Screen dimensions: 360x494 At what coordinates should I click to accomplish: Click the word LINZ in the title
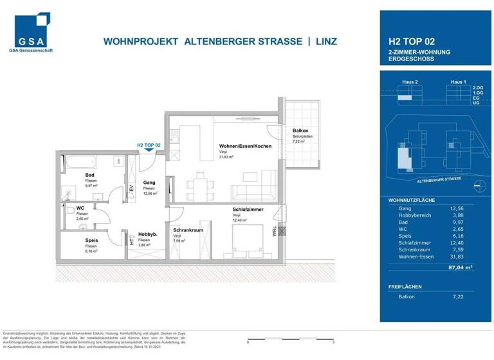[x=326, y=42]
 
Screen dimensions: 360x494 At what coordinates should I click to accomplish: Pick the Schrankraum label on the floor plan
[x=188, y=230]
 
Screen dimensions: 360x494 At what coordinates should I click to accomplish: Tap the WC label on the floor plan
[x=80, y=208]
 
